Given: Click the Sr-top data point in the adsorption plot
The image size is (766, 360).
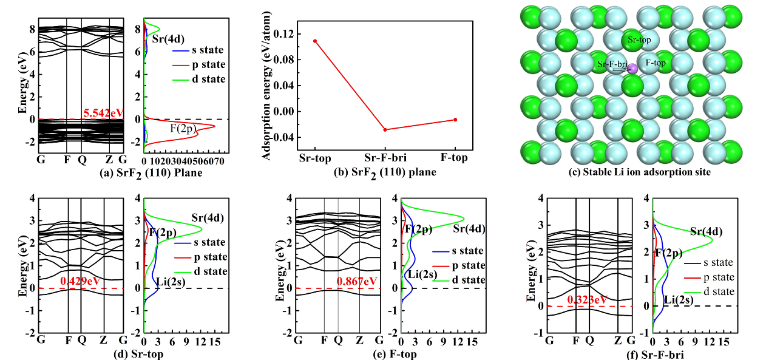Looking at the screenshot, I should (x=315, y=41).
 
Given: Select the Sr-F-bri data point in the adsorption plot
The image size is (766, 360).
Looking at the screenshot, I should (x=385, y=129).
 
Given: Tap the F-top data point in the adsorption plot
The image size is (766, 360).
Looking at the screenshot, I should (x=455, y=120).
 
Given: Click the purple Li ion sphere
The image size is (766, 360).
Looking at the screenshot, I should (x=633, y=69).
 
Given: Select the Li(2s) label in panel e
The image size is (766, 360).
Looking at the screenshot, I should (x=421, y=275).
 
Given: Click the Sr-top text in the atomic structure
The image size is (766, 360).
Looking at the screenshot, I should (x=639, y=40).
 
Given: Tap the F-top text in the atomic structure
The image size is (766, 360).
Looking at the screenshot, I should (x=656, y=62).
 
